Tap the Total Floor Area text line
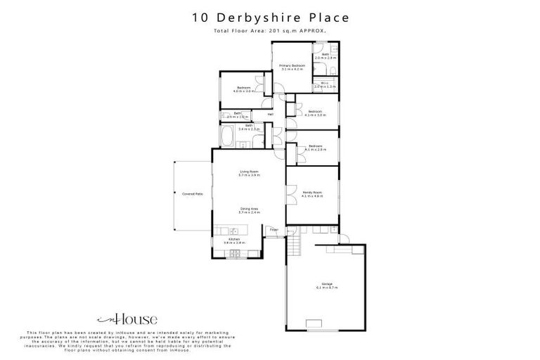(x=270, y=32)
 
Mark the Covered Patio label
(x=193, y=193)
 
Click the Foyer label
(x=274, y=229)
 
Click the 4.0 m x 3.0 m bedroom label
(x=243, y=89)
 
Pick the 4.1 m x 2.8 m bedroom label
(x=315, y=148)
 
